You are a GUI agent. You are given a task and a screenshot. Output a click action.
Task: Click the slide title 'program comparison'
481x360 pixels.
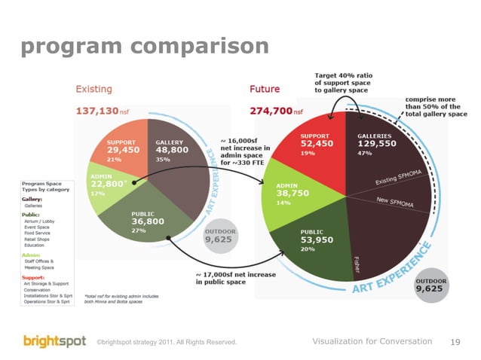(x=144, y=47)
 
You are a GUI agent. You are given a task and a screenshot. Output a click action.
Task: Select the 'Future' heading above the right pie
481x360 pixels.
(x=265, y=90)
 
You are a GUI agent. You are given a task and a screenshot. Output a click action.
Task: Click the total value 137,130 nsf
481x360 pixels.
(x=106, y=111)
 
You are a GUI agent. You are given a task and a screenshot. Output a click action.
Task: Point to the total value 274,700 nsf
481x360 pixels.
(x=276, y=111)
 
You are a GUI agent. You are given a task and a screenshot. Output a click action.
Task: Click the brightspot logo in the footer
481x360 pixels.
(x=54, y=341)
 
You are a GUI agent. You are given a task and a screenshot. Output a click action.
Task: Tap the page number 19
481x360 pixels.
(x=455, y=342)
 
